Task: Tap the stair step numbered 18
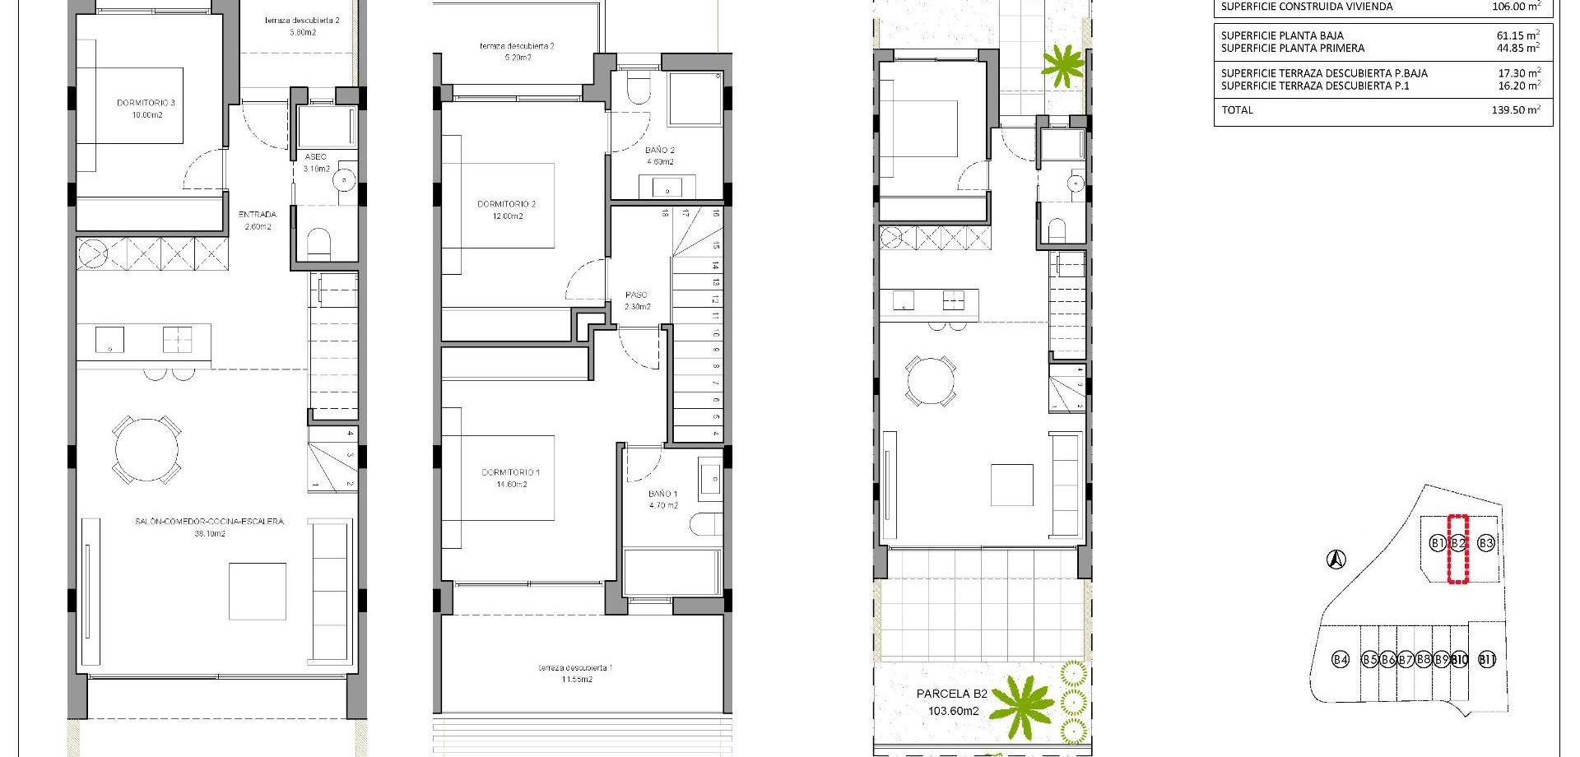coord(664,213)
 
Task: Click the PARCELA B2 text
coord(951,694)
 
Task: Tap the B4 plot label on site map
coord(1341,659)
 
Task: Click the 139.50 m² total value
coord(1515,109)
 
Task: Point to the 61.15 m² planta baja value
coord(1517,35)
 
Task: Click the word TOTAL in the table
coord(1237,109)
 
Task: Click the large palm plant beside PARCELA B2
coord(1021,704)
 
